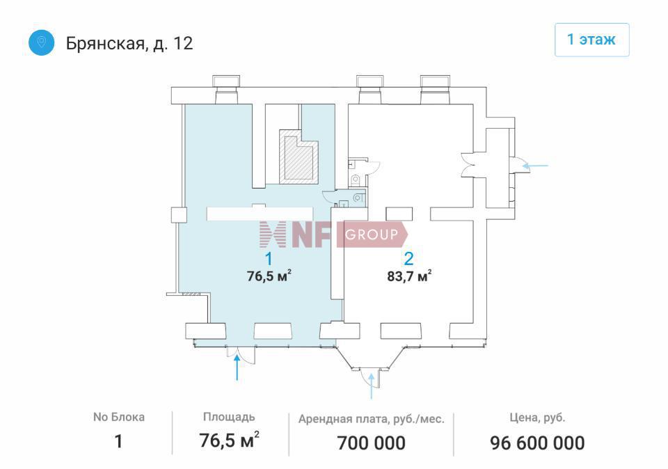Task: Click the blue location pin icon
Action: [41, 42]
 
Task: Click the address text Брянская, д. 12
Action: [129, 43]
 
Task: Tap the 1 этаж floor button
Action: [591, 40]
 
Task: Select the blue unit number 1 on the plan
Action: [269, 259]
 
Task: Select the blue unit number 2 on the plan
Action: [408, 259]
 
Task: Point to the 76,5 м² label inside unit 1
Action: [269, 276]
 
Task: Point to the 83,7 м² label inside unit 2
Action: [409, 276]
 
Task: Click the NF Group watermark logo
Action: [333, 234]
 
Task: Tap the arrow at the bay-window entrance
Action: [372, 386]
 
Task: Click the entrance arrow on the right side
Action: [536, 166]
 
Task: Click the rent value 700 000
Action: [371, 443]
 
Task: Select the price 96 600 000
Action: [537, 443]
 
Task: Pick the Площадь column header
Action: [229, 417]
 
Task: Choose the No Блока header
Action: [119, 417]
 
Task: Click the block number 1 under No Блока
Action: [119, 441]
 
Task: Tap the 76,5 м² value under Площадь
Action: [229, 440]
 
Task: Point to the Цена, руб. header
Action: [537, 418]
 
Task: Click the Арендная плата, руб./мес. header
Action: [371, 419]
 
